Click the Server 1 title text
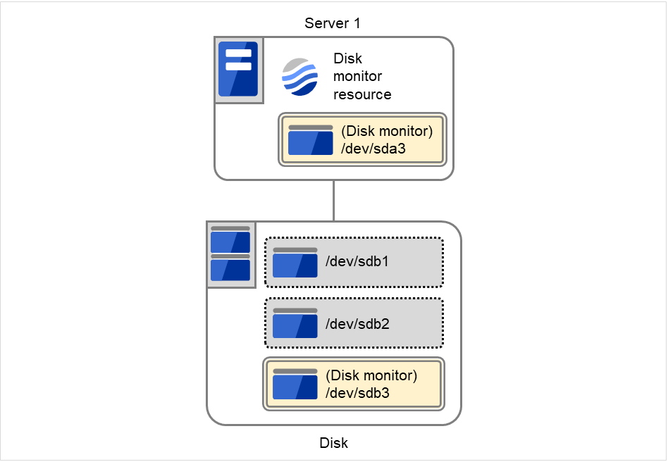click(x=333, y=23)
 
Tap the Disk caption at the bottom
click(x=333, y=443)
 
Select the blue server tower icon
click(x=238, y=69)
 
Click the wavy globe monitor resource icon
click(x=299, y=76)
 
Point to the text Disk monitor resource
click(x=361, y=77)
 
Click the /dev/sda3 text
click(x=373, y=148)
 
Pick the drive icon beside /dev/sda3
click(x=310, y=139)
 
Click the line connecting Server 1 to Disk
click(x=333, y=201)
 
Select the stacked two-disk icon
click(x=230, y=254)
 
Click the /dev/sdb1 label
click(x=357, y=262)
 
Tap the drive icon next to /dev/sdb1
click(x=295, y=262)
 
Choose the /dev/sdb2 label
click(x=357, y=324)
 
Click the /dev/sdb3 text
click(x=357, y=393)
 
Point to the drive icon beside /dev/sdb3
click(x=295, y=385)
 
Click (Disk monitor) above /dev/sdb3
click(x=371, y=375)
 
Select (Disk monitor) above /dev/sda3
click(x=386, y=131)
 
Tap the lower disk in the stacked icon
click(x=230, y=268)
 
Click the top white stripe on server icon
click(x=238, y=54)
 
